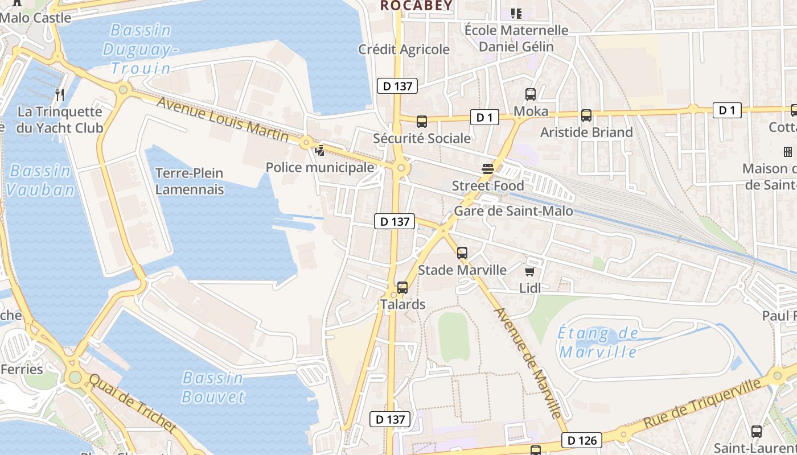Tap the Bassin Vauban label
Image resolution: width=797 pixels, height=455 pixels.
40,180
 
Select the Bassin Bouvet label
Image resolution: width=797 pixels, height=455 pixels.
213,387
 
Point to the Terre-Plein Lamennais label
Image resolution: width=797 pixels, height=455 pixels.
189,181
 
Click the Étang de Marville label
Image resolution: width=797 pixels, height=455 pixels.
598,342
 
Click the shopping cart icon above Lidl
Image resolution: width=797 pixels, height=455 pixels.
529,271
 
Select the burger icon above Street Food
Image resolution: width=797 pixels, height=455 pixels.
487,168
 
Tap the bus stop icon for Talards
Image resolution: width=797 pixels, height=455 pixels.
402,288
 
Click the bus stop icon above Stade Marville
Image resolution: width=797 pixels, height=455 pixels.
462,253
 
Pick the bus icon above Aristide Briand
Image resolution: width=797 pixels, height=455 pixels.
586,115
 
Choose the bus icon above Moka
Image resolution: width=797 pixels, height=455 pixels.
531,94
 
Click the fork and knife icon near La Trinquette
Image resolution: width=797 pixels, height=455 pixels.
60,94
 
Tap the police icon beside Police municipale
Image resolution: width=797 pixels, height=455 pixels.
320,151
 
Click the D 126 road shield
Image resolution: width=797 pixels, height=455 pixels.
581,440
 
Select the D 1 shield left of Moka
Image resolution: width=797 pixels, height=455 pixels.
484,118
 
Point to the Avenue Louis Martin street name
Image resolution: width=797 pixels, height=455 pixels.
222,119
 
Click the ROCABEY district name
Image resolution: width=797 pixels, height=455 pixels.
416,6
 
